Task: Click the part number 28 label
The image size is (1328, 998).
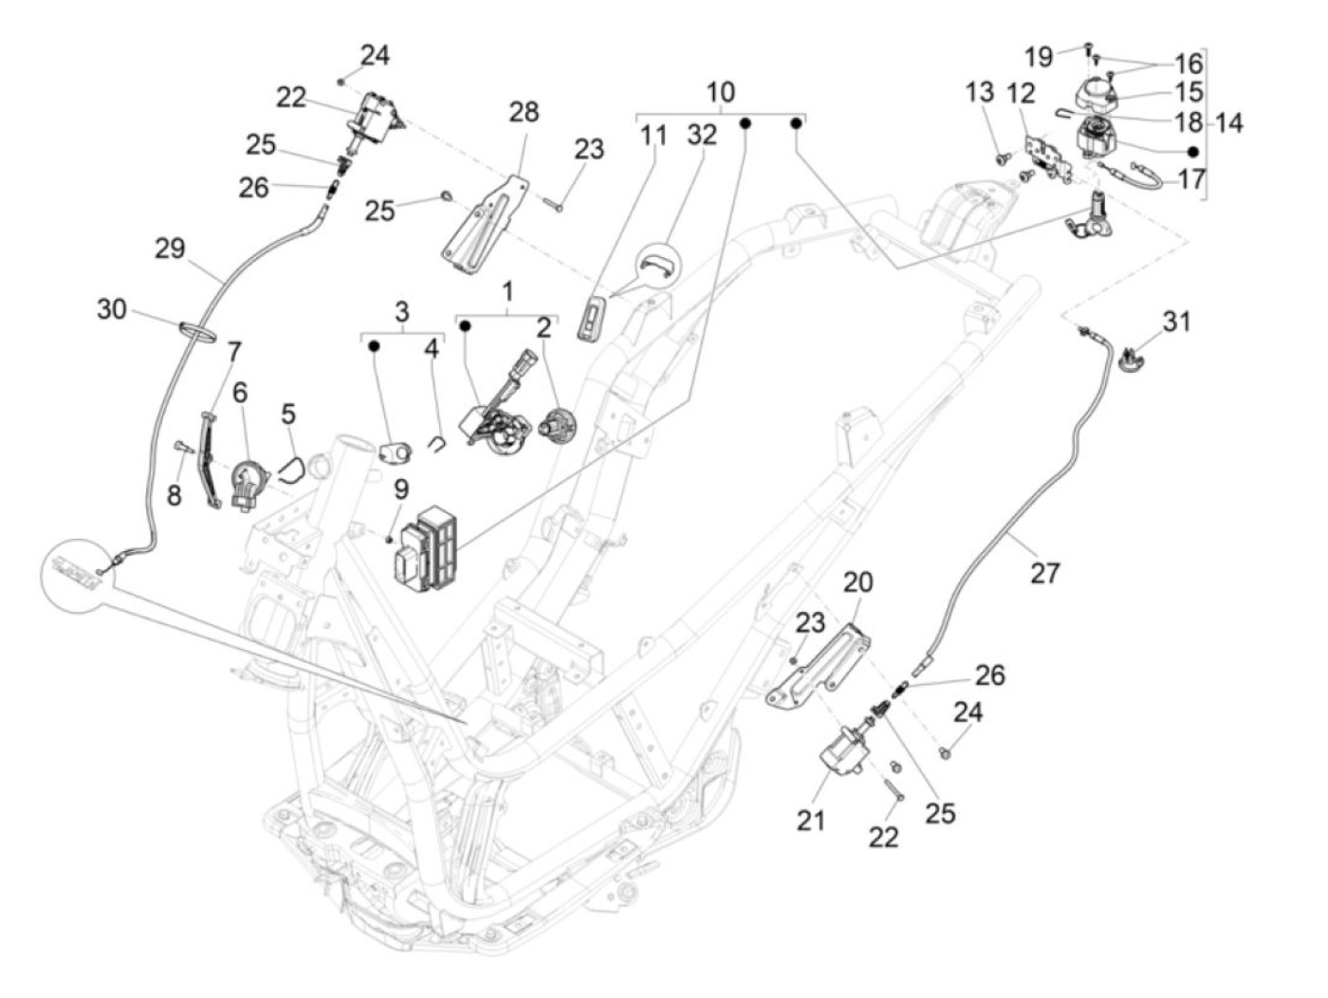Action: [x=524, y=112]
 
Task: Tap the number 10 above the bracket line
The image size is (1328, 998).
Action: [x=720, y=93]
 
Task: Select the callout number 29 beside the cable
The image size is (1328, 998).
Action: [x=171, y=249]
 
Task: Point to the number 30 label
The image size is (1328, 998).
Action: [x=112, y=308]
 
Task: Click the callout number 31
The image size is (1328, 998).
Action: [x=1176, y=322]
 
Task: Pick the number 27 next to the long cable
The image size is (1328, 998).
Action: [x=1044, y=573]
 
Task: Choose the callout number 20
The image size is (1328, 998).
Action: [x=858, y=582]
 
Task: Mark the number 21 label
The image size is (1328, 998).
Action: [x=810, y=819]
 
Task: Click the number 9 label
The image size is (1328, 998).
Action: [x=401, y=490]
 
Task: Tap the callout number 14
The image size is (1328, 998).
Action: [x=1228, y=122]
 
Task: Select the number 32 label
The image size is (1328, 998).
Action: [x=702, y=135]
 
